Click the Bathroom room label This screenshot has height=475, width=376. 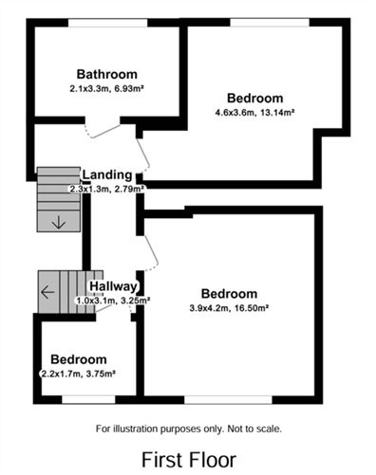tap(107, 74)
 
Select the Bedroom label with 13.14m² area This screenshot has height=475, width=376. tap(254, 98)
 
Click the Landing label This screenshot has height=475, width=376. tap(106, 174)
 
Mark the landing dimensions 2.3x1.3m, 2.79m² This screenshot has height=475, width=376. tap(106, 189)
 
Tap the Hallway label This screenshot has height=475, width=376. tap(114, 286)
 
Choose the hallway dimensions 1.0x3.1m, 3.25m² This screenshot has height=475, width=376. tap(113, 301)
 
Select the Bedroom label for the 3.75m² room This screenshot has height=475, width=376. tap(79, 359)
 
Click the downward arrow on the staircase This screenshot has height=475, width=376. tap(59, 222)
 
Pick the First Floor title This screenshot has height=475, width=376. tap(189, 459)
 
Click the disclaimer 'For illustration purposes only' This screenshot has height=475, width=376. tap(189, 429)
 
